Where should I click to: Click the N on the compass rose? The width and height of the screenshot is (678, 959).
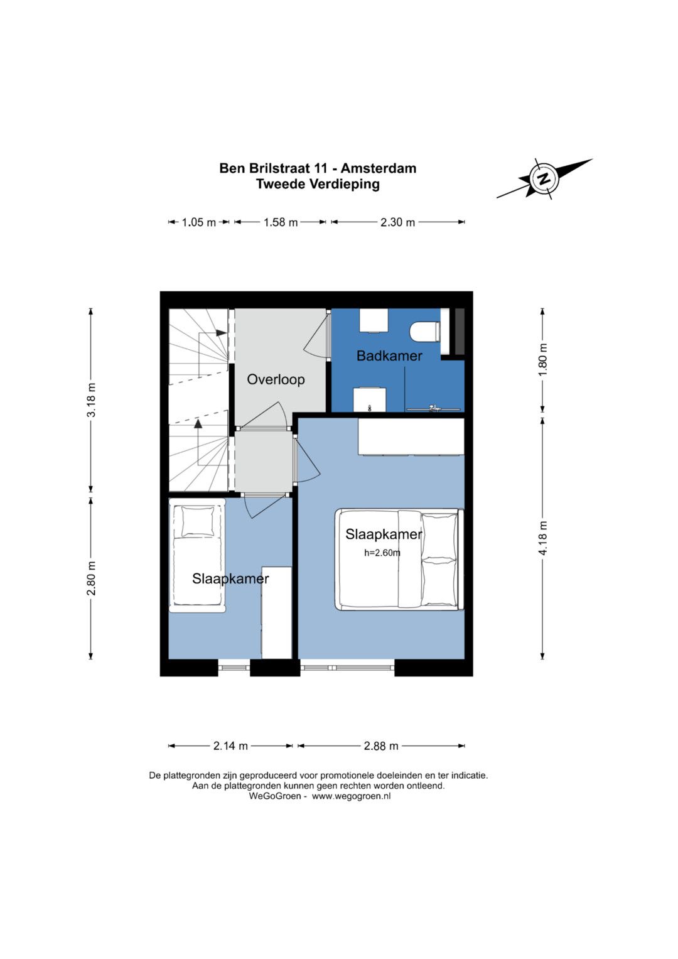coord(544,178)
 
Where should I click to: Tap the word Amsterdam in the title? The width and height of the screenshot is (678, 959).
coord(379,168)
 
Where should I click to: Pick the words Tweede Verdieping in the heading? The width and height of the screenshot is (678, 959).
coord(318,184)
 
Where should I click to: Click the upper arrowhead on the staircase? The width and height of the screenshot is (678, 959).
coord(221,333)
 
